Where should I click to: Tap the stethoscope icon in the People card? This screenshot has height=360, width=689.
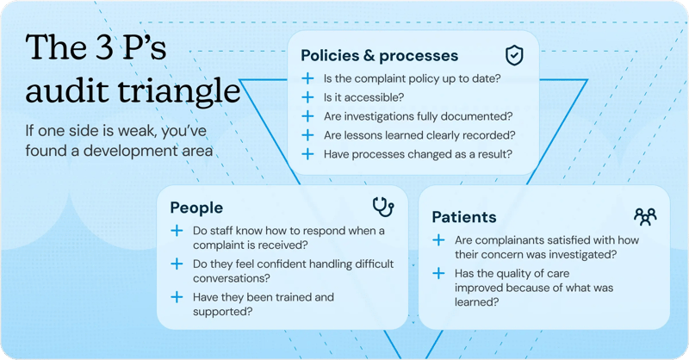point(383,207)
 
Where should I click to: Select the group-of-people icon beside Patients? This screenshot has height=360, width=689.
point(644,215)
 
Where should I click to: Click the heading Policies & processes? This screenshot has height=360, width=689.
point(379,56)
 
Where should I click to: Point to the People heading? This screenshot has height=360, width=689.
point(196,208)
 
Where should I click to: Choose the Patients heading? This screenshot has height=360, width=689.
point(463,216)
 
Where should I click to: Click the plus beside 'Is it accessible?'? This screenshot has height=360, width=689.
point(307,97)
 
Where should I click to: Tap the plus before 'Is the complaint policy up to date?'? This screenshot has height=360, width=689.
point(307,78)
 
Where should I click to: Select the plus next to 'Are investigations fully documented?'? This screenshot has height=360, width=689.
point(307,116)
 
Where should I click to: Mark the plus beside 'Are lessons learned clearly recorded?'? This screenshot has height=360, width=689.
point(307,135)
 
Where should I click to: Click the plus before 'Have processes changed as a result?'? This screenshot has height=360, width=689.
point(307,154)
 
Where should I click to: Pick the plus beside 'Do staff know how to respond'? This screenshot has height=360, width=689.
point(177,231)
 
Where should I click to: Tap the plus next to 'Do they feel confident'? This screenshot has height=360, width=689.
point(177,264)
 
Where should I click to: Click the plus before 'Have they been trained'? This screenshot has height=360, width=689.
point(177,296)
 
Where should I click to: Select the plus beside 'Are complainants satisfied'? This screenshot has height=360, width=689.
point(438,239)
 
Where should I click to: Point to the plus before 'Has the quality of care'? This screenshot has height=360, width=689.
point(438,273)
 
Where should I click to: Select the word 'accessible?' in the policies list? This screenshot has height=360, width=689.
point(356,97)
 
